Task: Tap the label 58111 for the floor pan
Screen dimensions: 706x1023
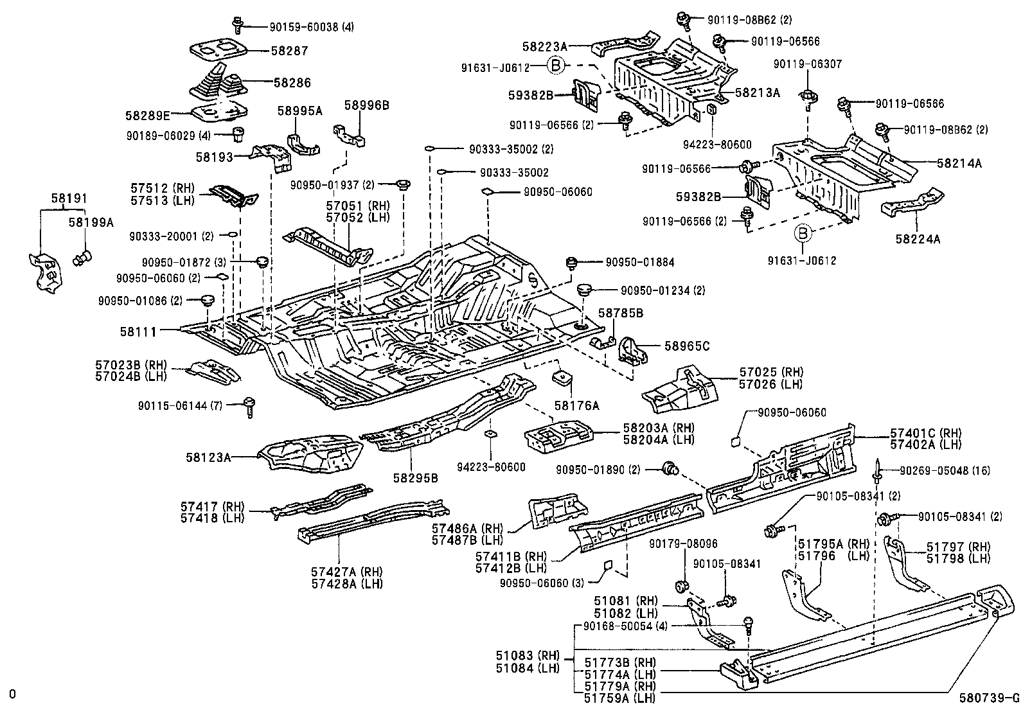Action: pos(138,331)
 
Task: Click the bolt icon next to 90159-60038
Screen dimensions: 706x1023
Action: pos(237,25)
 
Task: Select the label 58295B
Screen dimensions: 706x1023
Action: pos(415,478)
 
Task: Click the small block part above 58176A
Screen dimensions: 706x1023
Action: pos(562,377)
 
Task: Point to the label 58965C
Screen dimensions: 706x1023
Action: pos(687,346)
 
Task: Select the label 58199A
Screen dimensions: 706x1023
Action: pos(91,223)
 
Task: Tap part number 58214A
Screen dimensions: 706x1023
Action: pos(959,163)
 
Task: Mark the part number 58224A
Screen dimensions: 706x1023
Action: pos(918,239)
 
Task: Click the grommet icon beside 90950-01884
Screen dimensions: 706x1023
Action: pos(569,263)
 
